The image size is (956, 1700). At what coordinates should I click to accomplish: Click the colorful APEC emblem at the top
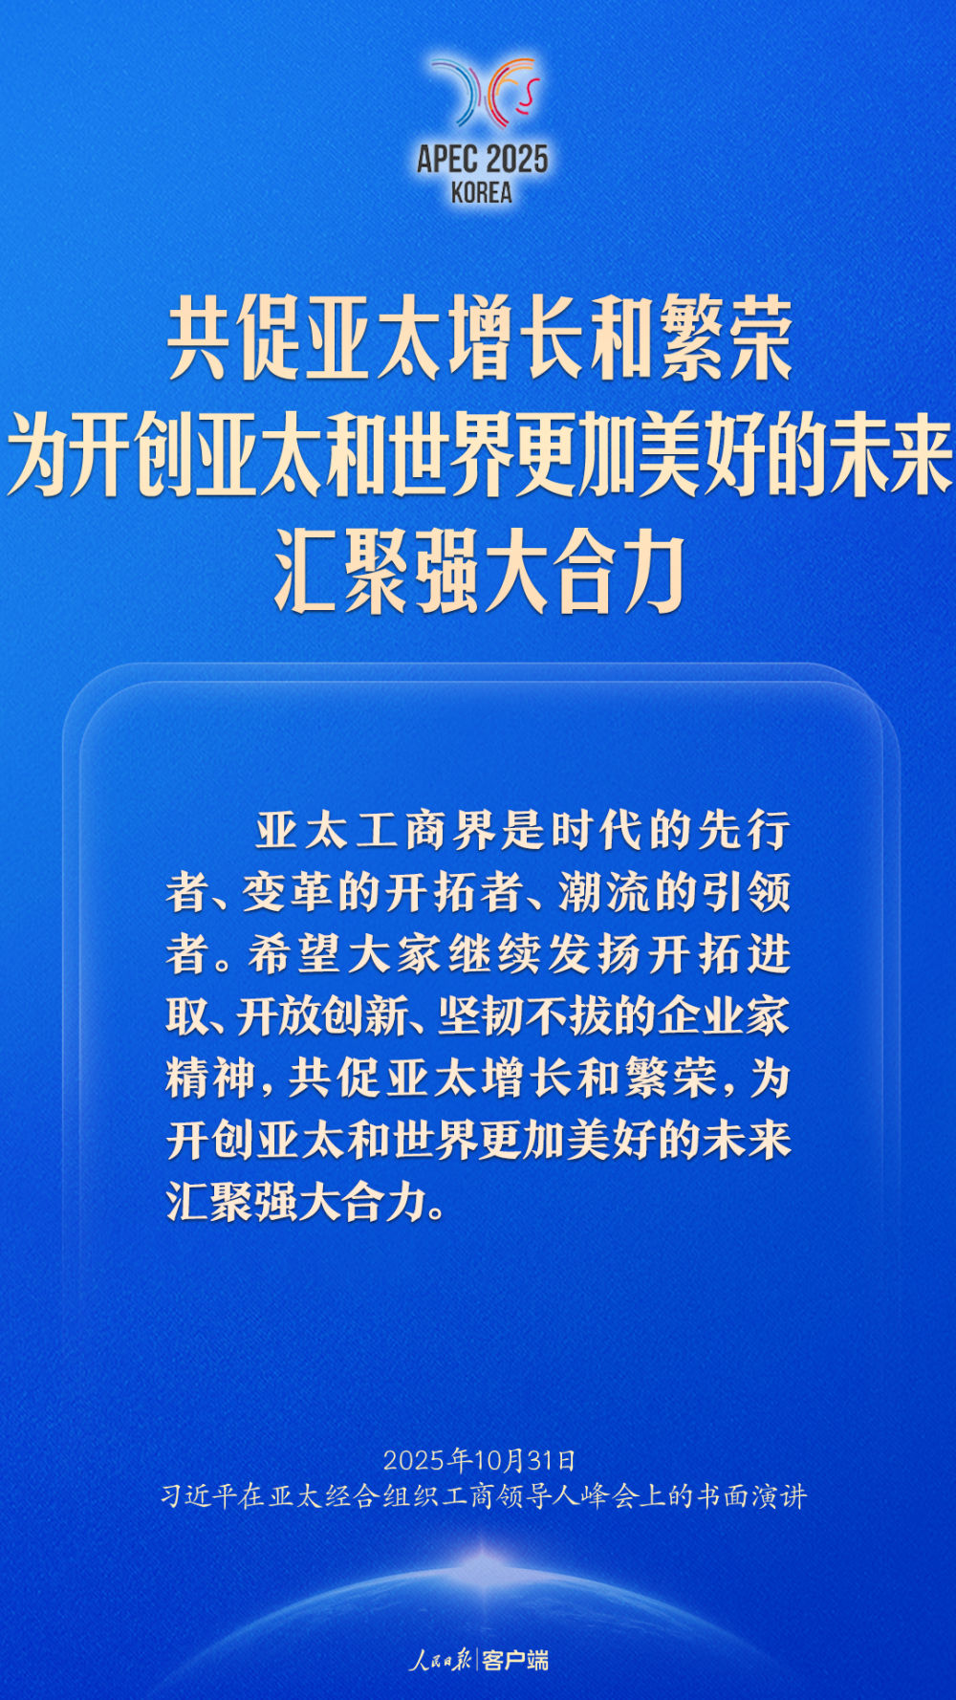pos(484,92)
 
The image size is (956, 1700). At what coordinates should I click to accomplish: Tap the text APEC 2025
pos(482,159)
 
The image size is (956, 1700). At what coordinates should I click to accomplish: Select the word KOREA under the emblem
pos(482,193)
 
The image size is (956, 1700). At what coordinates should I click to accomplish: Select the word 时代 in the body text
pos(597,830)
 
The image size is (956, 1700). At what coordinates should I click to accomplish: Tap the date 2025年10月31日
pos(480,1460)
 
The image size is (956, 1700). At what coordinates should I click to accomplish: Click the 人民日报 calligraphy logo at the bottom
pos(441,1660)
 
